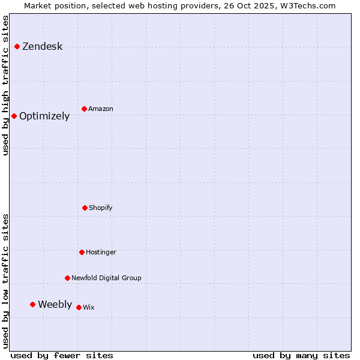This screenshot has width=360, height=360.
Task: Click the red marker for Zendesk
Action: (17, 47)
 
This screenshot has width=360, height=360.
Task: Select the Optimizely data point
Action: (14, 116)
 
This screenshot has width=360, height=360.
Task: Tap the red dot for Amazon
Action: (84, 109)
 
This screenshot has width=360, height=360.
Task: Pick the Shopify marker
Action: (85, 208)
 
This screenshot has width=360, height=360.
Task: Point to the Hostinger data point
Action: (82, 252)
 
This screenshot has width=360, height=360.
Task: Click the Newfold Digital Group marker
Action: (67, 278)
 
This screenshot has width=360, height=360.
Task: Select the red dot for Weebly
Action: (32, 304)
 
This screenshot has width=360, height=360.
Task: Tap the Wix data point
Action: (79, 307)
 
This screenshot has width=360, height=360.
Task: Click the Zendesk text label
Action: (42, 47)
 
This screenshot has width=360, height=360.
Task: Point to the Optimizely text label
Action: (44, 116)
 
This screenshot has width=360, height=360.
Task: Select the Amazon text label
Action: (101, 109)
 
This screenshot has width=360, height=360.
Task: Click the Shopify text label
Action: (101, 208)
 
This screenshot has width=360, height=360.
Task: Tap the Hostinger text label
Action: (101, 253)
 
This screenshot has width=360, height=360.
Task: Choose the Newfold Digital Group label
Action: (106, 278)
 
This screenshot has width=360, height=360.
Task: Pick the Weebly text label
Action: (55, 305)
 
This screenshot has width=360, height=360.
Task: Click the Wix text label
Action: (89, 308)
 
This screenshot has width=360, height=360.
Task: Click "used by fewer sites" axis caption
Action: (62, 355)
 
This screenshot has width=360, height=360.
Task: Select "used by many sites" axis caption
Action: (301, 355)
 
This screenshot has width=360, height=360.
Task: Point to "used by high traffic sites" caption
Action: (5, 85)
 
